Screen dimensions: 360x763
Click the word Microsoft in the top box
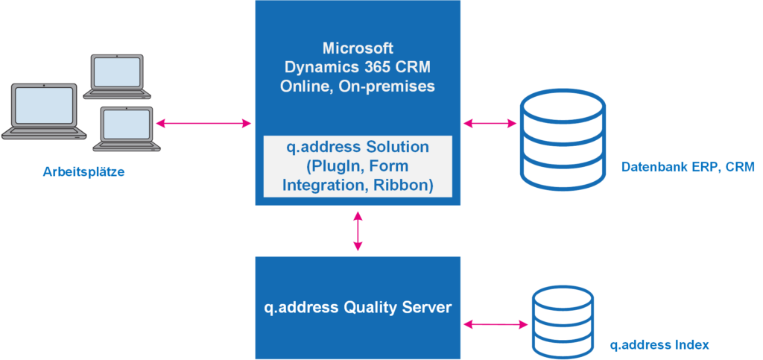pos(358,48)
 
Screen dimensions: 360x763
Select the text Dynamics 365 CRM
pos(358,67)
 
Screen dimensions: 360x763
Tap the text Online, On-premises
pos(358,86)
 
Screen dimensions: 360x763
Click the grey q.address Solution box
pos(358,165)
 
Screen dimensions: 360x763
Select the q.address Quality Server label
pos(358,307)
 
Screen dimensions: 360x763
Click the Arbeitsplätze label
pos(83,172)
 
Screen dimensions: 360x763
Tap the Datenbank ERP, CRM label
pos(688,168)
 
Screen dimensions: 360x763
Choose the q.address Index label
pos(659,344)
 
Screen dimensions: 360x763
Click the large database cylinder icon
pos(563,139)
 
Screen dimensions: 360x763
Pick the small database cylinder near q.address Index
pos(563,323)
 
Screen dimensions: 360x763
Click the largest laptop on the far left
pos(42,113)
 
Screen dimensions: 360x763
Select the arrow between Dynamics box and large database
pos(490,122)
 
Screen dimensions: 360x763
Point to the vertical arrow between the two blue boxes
pos(358,231)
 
